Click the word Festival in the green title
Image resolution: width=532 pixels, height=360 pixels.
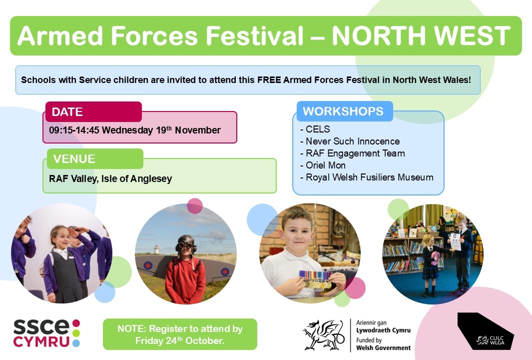pos(255,35)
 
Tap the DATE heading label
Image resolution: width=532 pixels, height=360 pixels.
pos(67,111)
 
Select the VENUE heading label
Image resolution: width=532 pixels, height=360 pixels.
pos(74,158)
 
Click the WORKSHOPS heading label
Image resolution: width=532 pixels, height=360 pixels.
pos(343,111)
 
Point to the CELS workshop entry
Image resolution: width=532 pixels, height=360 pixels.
pos(315,129)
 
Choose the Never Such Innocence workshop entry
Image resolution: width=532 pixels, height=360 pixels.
pos(350,141)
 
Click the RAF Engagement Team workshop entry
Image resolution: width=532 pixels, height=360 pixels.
pos(353,153)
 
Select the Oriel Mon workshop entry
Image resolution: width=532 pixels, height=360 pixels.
pos(323,165)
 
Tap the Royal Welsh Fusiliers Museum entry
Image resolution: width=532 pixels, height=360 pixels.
pos(367,177)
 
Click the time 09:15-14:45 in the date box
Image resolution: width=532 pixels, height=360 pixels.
pos(74,130)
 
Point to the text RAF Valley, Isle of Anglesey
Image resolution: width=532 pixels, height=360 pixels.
pos(110,178)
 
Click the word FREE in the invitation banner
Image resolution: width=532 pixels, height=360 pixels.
pos(269,80)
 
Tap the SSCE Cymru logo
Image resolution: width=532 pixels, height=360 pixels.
pos(46,333)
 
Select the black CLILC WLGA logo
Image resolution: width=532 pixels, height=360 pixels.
pos(486,331)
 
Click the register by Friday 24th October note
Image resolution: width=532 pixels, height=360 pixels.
pos(180,334)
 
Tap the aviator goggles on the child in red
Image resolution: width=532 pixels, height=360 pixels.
pos(185,245)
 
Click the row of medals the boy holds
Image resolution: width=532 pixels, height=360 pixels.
pos(316,279)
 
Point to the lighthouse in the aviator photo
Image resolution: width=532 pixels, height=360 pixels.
pos(156,249)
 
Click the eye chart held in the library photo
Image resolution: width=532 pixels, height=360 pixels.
pos(455,242)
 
